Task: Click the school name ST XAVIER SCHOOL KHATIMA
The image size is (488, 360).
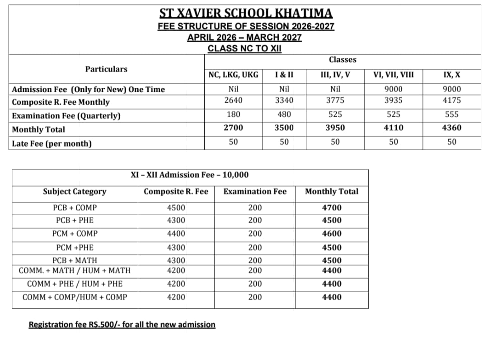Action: [246, 13]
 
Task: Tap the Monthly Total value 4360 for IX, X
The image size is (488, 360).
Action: [451, 128]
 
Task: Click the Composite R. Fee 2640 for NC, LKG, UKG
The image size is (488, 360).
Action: [233, 100]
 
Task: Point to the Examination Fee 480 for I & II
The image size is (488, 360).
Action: [284, 114]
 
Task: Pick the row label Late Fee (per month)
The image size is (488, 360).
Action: [52, 144]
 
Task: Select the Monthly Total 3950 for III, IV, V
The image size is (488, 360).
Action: [335, 128]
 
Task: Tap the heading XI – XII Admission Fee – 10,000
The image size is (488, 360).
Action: [189, 175]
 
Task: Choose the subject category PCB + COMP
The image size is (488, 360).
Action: [75, 208]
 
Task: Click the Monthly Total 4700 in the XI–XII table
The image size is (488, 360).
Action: [332, 208]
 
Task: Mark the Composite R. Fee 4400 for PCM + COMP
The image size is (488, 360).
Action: [176, 234]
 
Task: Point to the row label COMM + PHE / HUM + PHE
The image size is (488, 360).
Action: [75, 284]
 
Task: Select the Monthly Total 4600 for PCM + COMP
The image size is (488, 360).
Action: [332, 234]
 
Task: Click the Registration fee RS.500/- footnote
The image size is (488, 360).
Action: [122, 325]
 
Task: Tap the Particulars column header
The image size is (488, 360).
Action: [106, 69]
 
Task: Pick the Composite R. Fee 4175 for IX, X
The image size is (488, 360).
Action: [451, 100]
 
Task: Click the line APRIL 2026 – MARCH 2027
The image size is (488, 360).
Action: [244, 38]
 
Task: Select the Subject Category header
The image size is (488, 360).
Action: [75, 192]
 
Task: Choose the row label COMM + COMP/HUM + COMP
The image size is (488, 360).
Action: [75, 297]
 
